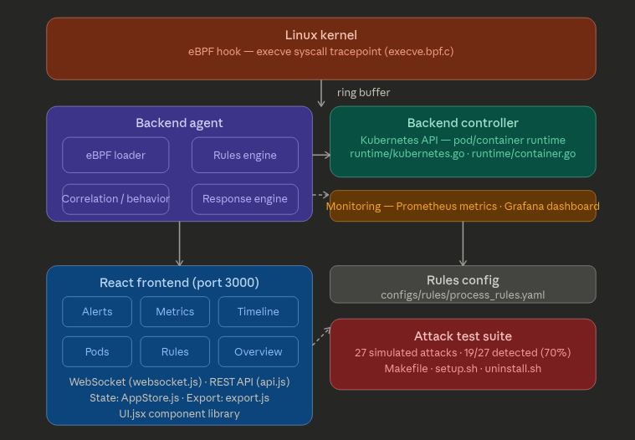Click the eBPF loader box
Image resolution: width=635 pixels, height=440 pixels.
click(x=115, y=155)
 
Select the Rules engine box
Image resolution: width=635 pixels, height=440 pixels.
click(x=244, y=155)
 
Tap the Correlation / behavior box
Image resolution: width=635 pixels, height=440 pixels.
click(x=115, y=199)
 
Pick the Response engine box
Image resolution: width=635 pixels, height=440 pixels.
click(x=244, y=199)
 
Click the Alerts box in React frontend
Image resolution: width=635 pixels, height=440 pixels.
click(x=97, y=311)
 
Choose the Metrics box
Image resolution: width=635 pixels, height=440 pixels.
click(x=175, y=311)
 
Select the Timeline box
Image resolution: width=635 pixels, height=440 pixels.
click(x=258, y=311)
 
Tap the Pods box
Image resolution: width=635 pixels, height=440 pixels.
click(x=97, y=351)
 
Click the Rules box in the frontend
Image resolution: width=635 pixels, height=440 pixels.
click(x=175, y=351)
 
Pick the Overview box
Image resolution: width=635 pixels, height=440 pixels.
click(x=258, y=351)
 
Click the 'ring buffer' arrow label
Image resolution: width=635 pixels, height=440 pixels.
click(x=363, y=92)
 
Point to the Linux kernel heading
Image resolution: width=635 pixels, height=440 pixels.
click(x=320, y=35)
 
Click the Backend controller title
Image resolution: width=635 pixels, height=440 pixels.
click(x=463, y=123)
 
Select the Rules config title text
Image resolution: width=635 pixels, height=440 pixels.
click(x=463, y=280)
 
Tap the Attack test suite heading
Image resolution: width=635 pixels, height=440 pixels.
click(x=463, y=336)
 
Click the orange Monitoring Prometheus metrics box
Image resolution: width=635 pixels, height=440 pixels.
click(x=463, y=206)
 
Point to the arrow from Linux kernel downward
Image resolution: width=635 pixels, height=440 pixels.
click(x=321, y=93)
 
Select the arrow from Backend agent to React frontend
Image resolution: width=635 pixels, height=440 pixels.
click(x=180, y=243)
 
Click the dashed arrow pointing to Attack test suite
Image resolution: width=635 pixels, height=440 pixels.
click(x=321, y=336)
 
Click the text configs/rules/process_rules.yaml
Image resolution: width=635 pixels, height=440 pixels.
click(x=463, y=294)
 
